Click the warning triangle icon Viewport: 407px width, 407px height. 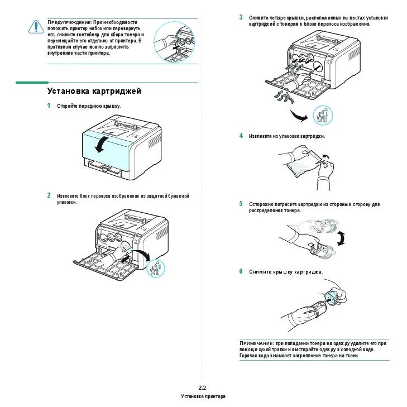pyautogui.click(x=35, y=26)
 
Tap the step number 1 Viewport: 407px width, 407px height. pyautogui.click(x=49, y=106)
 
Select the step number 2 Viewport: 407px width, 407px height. pyautogui.click(x=49, y=196)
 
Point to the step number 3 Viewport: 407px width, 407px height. pyautogui.click(x=241, y=18)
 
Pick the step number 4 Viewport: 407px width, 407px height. pyautogui.click(x=241, y=136)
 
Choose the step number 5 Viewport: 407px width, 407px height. pyautogui.click(x=241, y=204)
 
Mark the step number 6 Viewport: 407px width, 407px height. pyautogui.click(x=241, y=271)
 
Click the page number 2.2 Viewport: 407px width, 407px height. pyautogui.click(x=203, y=387)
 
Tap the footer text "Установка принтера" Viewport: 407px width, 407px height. pyautogui.click(x=203, y=396)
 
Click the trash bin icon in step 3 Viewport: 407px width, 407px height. pyautogui.click(x=322, y=116)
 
